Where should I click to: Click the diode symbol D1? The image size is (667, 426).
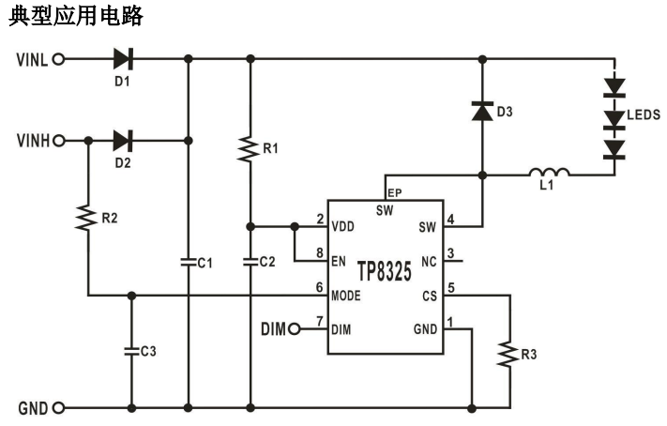[x=122, y=58]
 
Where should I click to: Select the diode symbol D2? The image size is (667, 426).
[x=122, y=141]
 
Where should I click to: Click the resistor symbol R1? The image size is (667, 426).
[x=249, y=149]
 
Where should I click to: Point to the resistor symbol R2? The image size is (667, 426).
[x=86, y=217]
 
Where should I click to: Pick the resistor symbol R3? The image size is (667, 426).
[x=509, y=354]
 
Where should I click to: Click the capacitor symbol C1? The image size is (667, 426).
[x=188, y=263]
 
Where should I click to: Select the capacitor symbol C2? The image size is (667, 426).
[x=249, y=263]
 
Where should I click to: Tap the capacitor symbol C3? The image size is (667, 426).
[x=130, y=351]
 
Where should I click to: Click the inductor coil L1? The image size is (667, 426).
[x=550, y=173]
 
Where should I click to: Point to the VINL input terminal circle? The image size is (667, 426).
[x=60, y=58]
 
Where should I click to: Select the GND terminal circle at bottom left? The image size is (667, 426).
[x=60, y=408]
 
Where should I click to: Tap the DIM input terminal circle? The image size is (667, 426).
[x=296, y=328]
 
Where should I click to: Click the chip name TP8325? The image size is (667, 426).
[x=385, y=272]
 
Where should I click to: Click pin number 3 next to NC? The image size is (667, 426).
[x=451, y=253]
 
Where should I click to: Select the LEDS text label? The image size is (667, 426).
[x=644, y=114]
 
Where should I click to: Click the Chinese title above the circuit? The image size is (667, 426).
[x=77, y=16]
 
